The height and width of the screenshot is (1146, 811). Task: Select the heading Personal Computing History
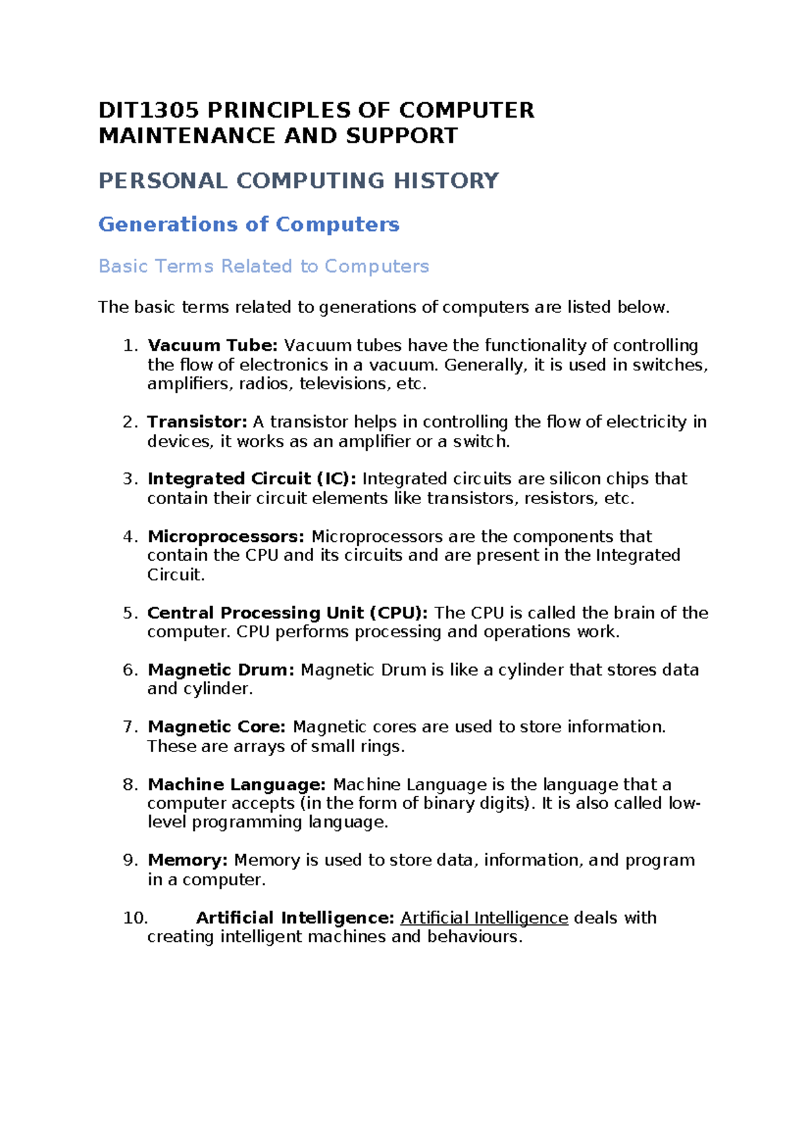point(298,181)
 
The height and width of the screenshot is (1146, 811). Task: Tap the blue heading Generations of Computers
point(249,224)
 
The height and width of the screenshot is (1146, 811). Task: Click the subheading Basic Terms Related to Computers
point(264,266)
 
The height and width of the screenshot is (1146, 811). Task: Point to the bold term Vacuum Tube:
point(212,345)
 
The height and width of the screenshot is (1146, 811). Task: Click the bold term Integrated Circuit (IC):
point(251,479)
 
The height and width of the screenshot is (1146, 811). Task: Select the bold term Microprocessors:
point(226,537)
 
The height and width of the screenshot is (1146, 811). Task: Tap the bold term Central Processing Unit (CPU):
point(287,613)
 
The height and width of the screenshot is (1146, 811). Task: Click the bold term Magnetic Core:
point(216,727)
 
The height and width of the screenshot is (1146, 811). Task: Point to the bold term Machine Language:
point(237,784)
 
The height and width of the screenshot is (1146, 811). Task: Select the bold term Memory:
point(188,860)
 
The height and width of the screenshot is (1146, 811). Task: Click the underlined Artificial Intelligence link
point(484,918)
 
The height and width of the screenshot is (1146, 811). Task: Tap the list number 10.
point(135,918)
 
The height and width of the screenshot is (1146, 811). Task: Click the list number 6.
point(130,670)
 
